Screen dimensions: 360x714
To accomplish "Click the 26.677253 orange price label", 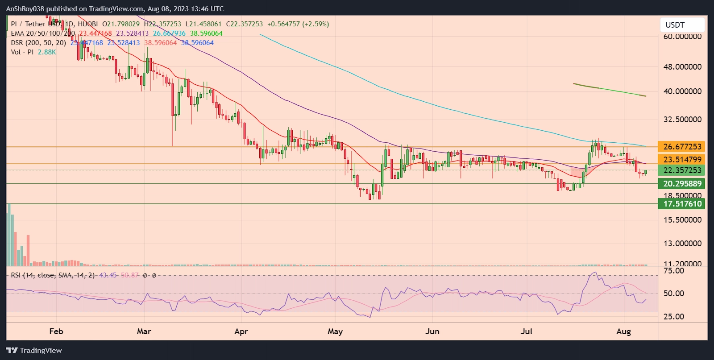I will [682, 147].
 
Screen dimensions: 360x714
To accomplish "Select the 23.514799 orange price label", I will [682, 160].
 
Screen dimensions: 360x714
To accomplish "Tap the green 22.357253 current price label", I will [682, 170].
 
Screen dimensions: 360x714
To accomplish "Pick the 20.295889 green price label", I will [682, 184].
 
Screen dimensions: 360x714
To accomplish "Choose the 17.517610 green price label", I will [682, 204].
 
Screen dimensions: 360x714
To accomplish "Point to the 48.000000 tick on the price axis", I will [682, 67].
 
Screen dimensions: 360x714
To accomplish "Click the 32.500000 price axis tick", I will [682, 120].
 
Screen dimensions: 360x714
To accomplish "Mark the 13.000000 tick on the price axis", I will [682, 244].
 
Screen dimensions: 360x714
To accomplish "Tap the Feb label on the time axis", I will [56, 331].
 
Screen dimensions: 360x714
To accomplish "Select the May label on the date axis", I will [335, 331].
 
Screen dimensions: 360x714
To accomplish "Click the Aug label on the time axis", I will [623, 331].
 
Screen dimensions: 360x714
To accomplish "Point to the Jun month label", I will [432, 331].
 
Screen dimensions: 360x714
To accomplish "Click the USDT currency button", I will [682, 25].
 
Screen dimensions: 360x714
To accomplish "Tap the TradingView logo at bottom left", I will [34, 351].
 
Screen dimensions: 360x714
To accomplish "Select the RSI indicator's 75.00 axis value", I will [674, 271].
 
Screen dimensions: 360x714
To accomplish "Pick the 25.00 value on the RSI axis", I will [674, 317].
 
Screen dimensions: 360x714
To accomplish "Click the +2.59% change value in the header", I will [315, 24].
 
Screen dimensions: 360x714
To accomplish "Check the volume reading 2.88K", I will [47, 52].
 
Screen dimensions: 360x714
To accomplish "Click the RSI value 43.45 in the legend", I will [108, 275].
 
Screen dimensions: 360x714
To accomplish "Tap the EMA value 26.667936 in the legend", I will [169, 33].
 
